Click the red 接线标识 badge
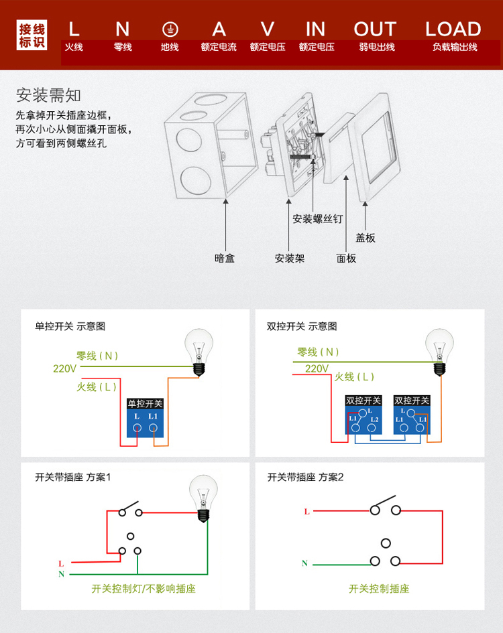pos(32,35)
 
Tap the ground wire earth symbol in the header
pos(170,29)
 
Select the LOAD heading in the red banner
pos(453,29)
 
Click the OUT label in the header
pos(375,29)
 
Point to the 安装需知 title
pos(48,96)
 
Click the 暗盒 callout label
pos(225,258)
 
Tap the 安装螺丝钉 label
pos(317,219)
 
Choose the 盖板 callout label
pos(365,238)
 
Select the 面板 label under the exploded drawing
pos(346,259)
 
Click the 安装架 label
pos(290,259)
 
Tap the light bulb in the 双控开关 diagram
pos(439,352)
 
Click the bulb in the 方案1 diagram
pos(203,498)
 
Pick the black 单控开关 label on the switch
pos(145,403)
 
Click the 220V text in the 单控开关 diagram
pos(64,368)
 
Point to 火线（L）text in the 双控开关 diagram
pos(354,377)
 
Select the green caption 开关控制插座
pos(379,589)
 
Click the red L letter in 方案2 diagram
pos(307,512)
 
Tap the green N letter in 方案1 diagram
pos(62,574)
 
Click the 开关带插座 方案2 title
pos(305,477)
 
